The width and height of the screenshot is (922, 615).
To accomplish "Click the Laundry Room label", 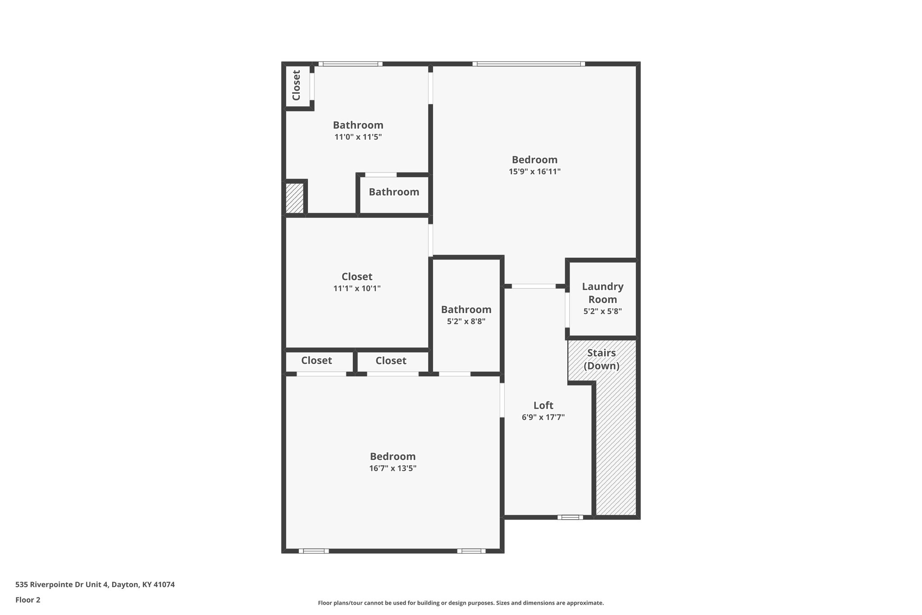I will pyautogui.click(x=602, y=293).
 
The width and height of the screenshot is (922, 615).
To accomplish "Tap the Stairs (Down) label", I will pyautogui.click(x=601, y=359).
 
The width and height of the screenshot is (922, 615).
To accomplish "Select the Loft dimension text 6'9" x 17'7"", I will pyautogui.click(x=543, y=417).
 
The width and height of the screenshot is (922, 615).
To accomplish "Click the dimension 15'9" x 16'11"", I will pyautogui.click(x=534, y=172).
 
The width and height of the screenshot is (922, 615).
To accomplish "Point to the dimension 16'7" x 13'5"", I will pyautogui.click(x=393, y=468).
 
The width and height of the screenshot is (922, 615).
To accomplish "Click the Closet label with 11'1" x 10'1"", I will pyautogui.click(x=357, y=277).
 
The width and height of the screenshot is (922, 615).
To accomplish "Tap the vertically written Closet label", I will pyautogui.click(x=296, y=85).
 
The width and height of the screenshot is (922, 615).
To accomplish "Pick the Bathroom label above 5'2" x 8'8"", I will pyautogui.click(x=466, y=310).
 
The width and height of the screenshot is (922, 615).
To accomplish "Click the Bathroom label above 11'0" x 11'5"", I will pyautogui.click(x=358, y=125).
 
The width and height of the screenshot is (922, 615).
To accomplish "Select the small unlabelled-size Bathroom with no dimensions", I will pyautogui.click(x=394, y=192).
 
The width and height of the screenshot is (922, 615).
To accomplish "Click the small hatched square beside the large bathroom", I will pyautogui.click(x=295, y=197).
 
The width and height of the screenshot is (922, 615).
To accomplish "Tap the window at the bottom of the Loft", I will pyautogui.click(x=570, y=517).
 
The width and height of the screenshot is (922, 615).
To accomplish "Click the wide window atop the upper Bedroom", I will pyautogui.click(x=529, y=64).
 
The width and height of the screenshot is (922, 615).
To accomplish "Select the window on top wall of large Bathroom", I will pyautogui.click(x=350, y=64).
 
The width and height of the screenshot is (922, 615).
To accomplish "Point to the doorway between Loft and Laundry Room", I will pyautogui.click(x=567, y=310).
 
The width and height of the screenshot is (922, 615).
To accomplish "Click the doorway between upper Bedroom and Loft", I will pyautogui.click(x=533, y=286).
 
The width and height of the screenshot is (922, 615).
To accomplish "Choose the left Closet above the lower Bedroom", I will pyautogui.click(x=316, y=360).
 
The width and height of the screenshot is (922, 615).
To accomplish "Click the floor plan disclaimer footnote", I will pyautogui.click(x=461, y=603).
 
